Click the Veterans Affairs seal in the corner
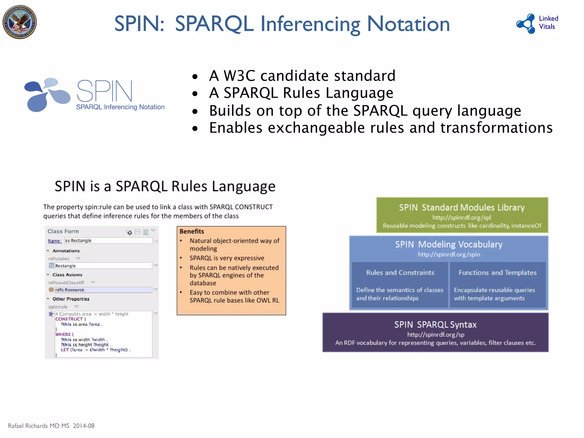[20, 22]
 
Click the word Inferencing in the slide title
[310, 24]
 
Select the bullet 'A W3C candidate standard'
[302, 76]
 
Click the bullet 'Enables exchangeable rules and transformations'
[381, 128]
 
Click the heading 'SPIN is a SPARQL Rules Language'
[165, 186]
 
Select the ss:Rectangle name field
[108, 241]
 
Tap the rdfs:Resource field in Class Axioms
[103, 290]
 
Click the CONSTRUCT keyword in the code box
[69, 319]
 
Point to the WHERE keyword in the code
[63, 334]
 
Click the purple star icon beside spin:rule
[51, 314]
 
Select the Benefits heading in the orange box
[192, 231]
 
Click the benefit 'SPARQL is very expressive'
[227, 258]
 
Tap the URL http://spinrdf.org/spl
[461, 218]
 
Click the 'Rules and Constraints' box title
[400, 273]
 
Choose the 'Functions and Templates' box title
[497, 273]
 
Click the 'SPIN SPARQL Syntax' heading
[435, 325]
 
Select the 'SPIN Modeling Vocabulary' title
[449, 244]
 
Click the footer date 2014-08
[84, 426]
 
